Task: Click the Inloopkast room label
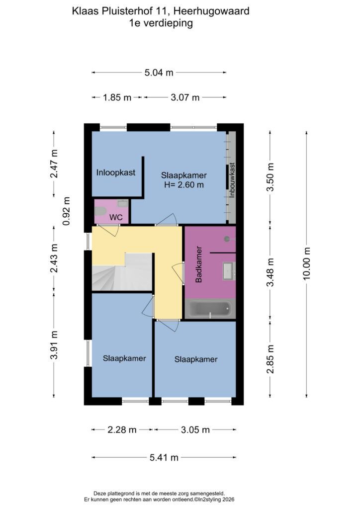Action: [115, 172]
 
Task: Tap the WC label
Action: [116, 217]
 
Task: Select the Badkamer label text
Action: [199, 264]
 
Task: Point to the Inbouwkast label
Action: [232, 180]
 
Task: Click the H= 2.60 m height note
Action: [184, 185]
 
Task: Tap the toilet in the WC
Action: [100, 212]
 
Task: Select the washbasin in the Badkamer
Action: [229, 271]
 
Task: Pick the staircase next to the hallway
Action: [122, 272]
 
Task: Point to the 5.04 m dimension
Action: [159, 73]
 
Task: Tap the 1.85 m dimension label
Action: [117, 97]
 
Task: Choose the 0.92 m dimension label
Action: [66, 211]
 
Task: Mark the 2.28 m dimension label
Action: [122, 430]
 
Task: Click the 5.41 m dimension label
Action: [164, 458]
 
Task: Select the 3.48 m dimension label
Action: [270, 272]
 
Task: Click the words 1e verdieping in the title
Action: [161, 23]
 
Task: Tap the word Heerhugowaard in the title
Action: [211, 11]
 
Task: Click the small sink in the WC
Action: [123, 204]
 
